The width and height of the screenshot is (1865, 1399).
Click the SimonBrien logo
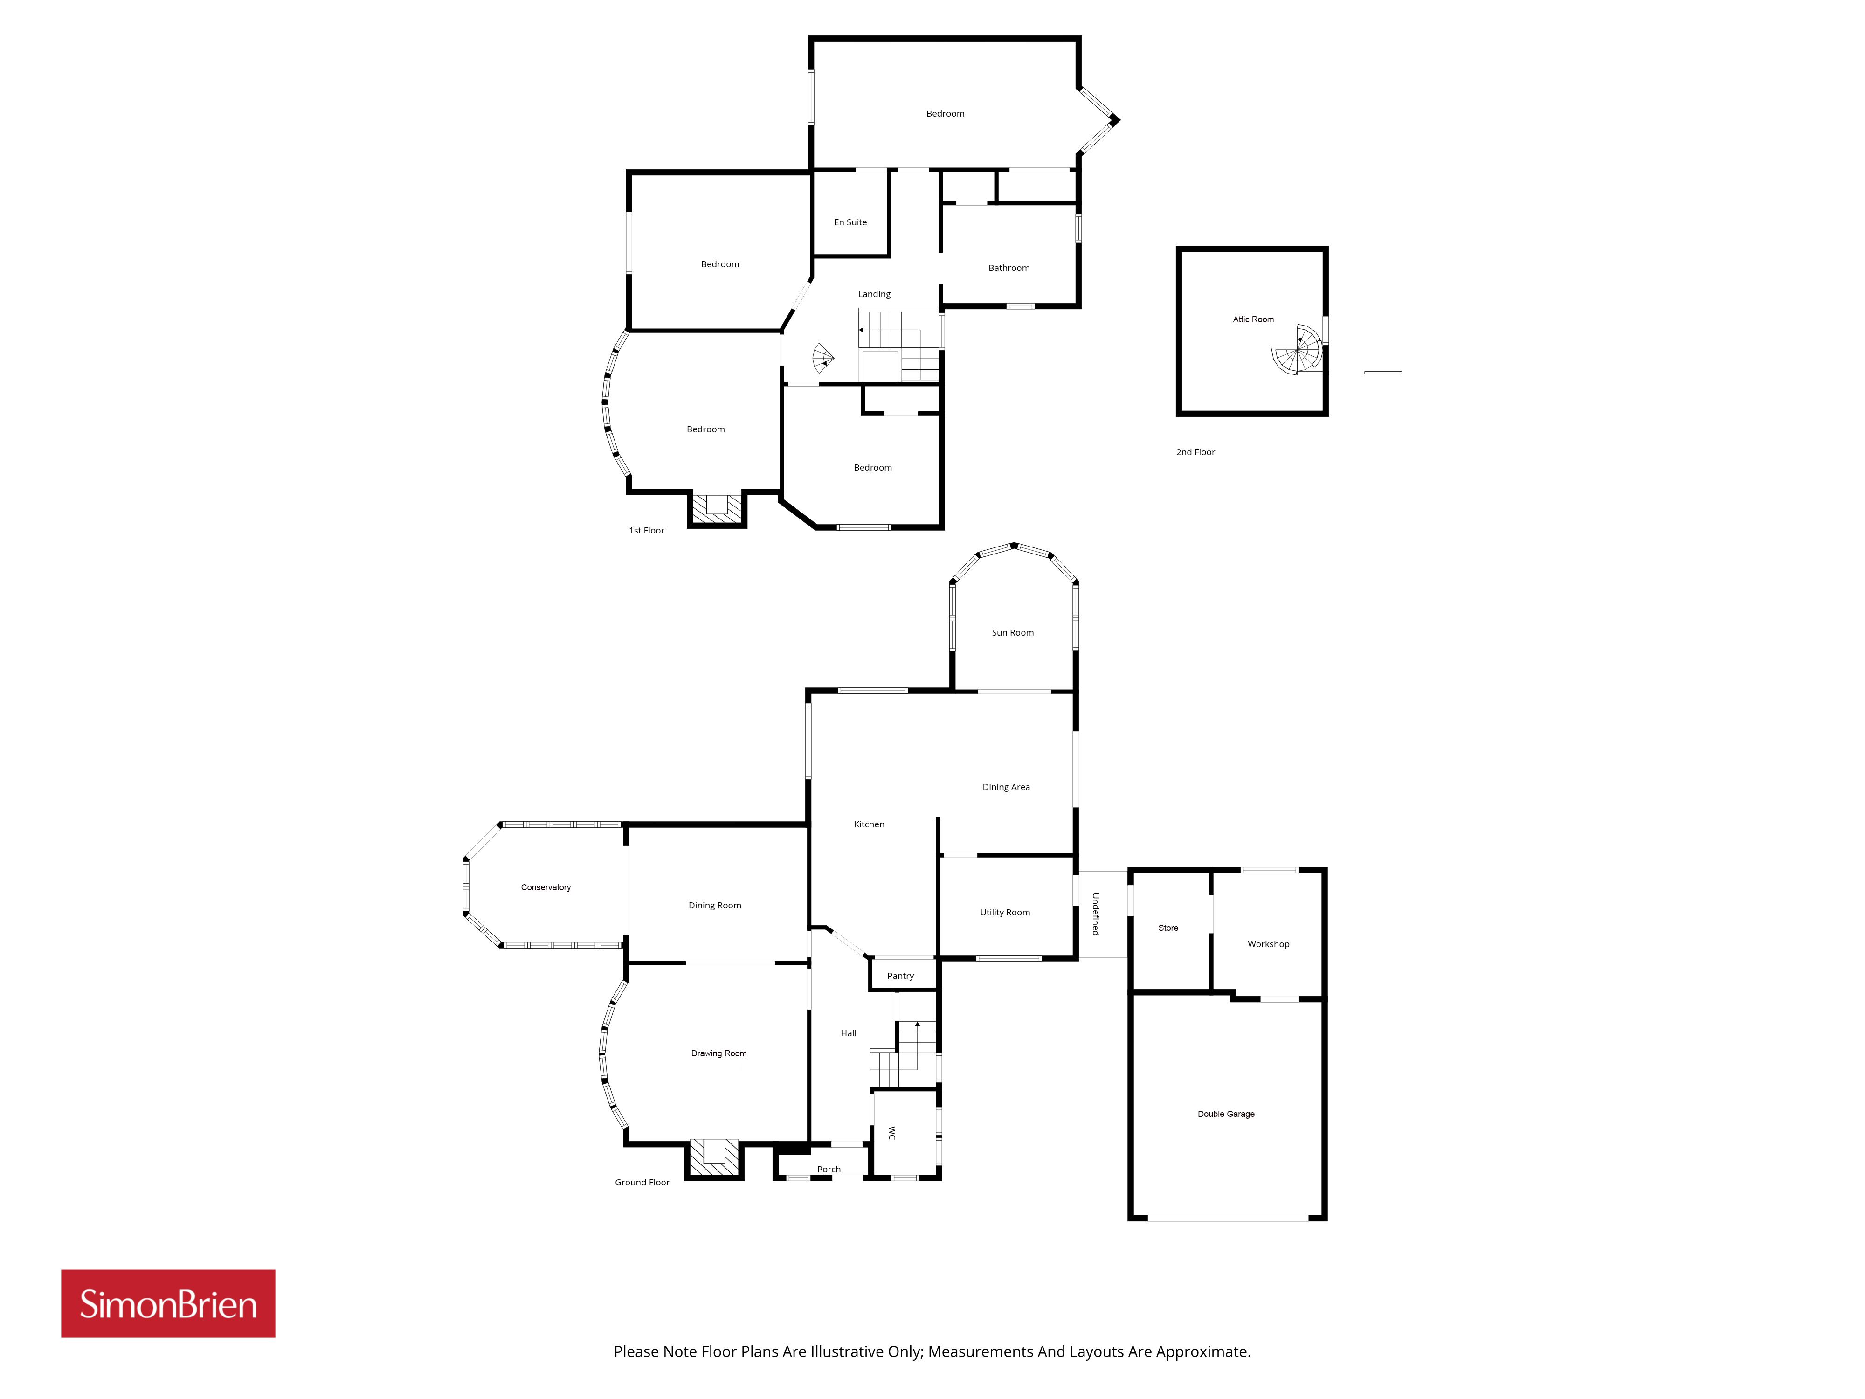[168, 1304]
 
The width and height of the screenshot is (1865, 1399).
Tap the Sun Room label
[1013, 632]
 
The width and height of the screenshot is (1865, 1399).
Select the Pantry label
[900, 976]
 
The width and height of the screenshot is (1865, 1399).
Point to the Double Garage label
[1226, 1114]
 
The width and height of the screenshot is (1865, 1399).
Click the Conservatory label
[546, 887]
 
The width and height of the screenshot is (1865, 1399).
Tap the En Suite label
[850, 222]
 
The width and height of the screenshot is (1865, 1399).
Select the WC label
[892, 1133]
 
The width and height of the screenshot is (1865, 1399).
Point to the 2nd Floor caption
[1195, 452]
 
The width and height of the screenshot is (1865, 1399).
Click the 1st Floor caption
[647, 530]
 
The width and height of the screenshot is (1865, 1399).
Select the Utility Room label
[1005, 913]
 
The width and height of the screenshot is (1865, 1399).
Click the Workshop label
[1268, 944]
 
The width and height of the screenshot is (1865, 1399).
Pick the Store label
[1168, 928]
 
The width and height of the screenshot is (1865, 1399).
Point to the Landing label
[874, 294]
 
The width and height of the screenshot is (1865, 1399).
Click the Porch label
[829, 1170]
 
